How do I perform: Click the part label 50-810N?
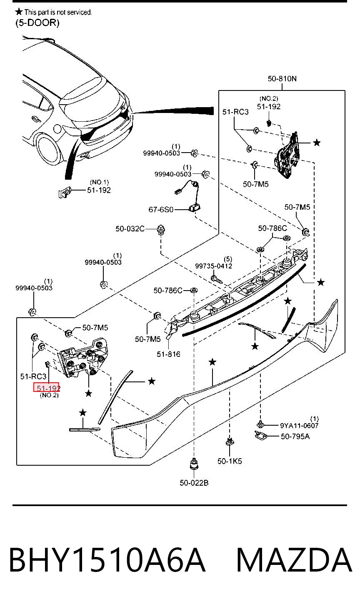click(282, 78)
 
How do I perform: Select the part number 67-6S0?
click(161, 209)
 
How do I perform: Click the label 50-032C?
click(130, 229)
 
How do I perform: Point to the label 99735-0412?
click(213, 266)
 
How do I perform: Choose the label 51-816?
click(168, 354)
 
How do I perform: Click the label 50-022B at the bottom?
click(194, 483)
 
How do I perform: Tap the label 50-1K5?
click(230, 461)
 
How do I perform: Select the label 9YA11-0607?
click(299, 425)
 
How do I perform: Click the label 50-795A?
click(295, 436)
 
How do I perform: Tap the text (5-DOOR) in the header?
click(37, 23)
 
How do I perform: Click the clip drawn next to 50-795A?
click(260, 436)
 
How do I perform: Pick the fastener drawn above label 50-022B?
click(194, 464)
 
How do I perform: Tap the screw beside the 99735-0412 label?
click(217, 279)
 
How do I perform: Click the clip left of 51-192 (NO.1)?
click(65, 193)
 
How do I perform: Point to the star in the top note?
click(19, 12)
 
